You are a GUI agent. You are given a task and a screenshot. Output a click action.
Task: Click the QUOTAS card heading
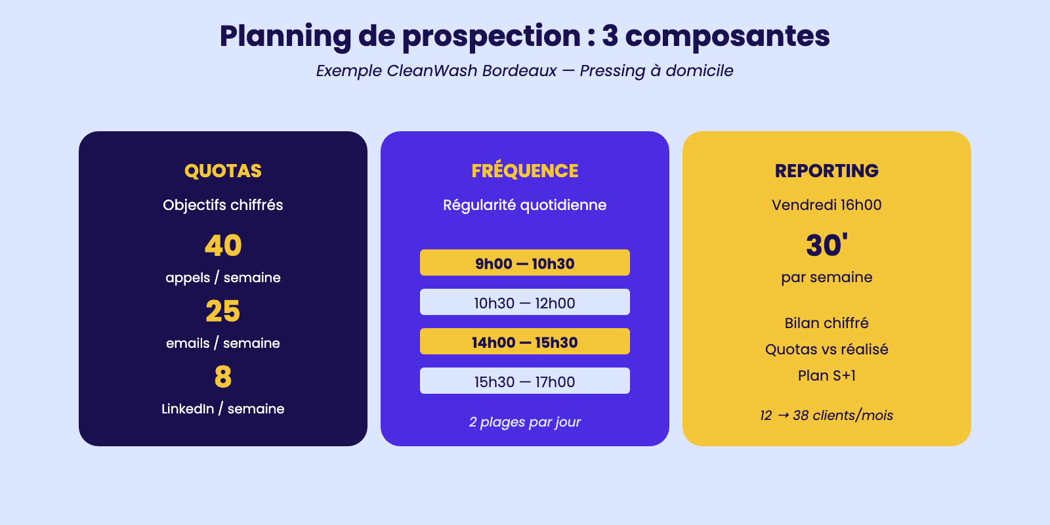point(223,171)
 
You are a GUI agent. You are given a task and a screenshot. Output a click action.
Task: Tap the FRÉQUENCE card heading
point(525,170)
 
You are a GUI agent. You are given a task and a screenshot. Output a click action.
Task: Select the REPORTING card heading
point(826,171)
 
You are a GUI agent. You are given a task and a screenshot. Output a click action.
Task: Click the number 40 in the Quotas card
point(223,245)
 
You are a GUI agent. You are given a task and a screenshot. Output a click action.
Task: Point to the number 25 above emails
point(223,311)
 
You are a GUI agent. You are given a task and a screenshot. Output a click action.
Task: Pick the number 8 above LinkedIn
point(223,377)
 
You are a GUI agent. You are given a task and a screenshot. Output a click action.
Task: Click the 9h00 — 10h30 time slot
point(525,262)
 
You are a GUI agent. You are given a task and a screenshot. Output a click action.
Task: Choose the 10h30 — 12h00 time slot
point(525,302)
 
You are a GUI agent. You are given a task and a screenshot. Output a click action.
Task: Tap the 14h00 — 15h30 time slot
point(525,341)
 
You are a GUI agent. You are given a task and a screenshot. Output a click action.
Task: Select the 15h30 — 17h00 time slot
point(525,381)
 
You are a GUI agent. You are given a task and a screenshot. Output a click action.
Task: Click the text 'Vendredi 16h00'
point(826,205)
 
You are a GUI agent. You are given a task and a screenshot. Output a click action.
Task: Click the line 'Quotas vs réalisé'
point(826,349)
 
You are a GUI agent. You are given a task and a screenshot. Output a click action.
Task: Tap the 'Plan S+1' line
point(826,375)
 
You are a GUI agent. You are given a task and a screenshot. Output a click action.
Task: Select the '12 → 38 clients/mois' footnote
point(826,415)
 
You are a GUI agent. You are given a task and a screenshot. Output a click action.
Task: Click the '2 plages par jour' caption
point(525,422)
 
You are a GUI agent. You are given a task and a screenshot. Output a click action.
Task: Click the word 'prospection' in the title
point(492,37)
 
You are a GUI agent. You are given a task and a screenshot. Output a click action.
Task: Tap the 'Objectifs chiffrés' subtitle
point(223,205)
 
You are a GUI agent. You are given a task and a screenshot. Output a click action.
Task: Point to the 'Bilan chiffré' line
point(826,323)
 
